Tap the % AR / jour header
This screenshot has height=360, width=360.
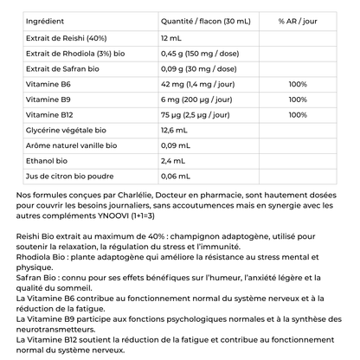[x=298, y=19]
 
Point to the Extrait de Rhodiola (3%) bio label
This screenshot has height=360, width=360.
[x=71, y=54]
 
